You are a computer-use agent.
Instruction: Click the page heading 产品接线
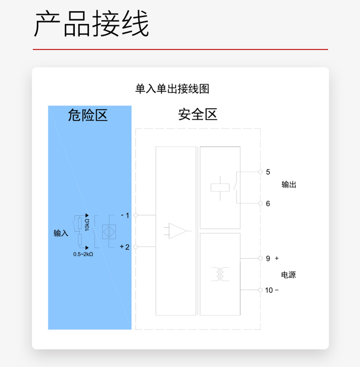point(91,23)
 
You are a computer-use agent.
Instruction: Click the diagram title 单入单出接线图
point(172,89)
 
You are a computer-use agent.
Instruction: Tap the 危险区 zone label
point(87,115)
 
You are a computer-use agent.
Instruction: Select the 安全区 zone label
point(198,114)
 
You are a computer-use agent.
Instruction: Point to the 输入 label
point(61,233)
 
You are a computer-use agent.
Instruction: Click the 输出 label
point(289,184)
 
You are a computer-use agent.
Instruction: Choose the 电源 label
point(288,275)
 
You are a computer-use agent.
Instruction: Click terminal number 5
point(268,172)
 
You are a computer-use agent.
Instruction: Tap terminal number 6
point(268,204)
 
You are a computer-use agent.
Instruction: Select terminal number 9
point(268,259)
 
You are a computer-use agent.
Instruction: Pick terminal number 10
point(269,290)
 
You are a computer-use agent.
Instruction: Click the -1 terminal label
point(125,215)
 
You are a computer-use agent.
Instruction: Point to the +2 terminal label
point(124,247)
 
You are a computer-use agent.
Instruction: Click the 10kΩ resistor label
point(87,225)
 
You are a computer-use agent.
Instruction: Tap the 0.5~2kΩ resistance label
point(83,254)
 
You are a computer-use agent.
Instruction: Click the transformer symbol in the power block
point(220,274)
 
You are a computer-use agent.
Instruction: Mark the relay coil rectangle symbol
point(220,188)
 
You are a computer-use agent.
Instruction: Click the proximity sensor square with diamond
point(109,232)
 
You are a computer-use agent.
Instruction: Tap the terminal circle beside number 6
point(261,204)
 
